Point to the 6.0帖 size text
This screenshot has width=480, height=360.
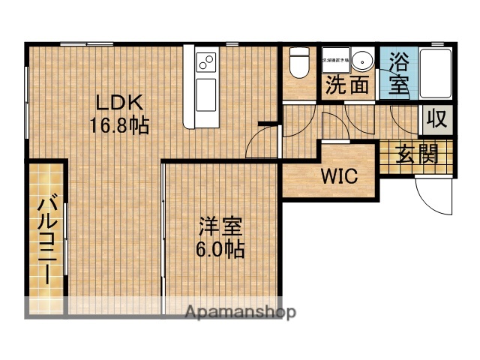[x=220, y=249]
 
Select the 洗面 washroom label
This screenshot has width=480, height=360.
[x=347, y=85]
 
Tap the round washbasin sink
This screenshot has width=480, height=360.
[x=364, y=60]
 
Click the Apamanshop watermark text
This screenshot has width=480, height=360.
[x=240, y=311]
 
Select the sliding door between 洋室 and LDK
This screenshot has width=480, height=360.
[x=163, y=232]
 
